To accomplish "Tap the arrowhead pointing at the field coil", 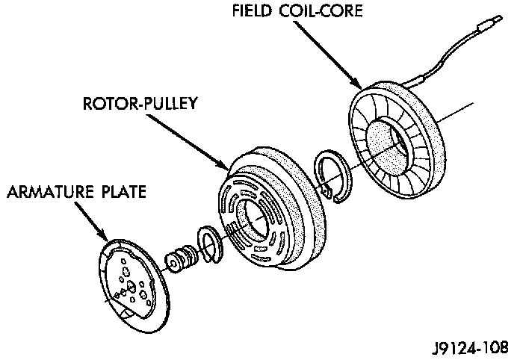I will coord(359,84).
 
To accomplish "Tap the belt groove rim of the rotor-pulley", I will coord(315,224).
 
